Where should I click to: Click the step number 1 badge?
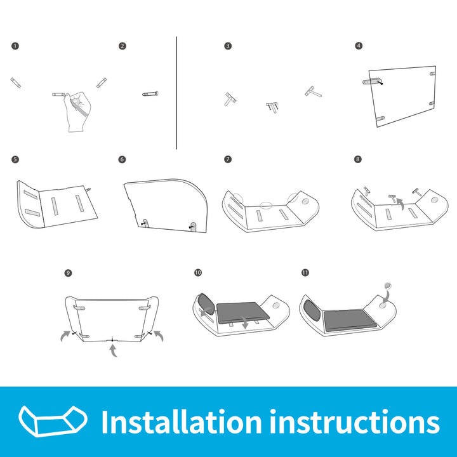click(15, 46)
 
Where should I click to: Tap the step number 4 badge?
click(359, 46)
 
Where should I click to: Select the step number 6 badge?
click(122, 159)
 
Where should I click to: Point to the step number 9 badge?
click(68, 273)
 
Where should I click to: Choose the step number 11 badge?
click(305, 272)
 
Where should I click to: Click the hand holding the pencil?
click(77, 112)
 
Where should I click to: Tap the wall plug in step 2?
click(150, 93)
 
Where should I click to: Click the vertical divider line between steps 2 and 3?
click(176, 93)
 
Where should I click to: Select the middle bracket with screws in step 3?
click(272, 107)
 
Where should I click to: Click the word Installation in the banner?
click(182, 421)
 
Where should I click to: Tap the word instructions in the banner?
click(355, 421)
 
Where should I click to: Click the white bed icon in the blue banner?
click(53, 421)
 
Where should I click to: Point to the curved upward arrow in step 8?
click(401, 204)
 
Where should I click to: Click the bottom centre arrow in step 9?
click(114, 350)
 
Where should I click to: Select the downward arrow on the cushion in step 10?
click(245, 322)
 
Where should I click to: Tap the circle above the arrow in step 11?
click(388, 286)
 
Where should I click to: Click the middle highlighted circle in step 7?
click(266, 206)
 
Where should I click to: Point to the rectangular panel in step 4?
click(402, 96)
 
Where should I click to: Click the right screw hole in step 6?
click(193, 225)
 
